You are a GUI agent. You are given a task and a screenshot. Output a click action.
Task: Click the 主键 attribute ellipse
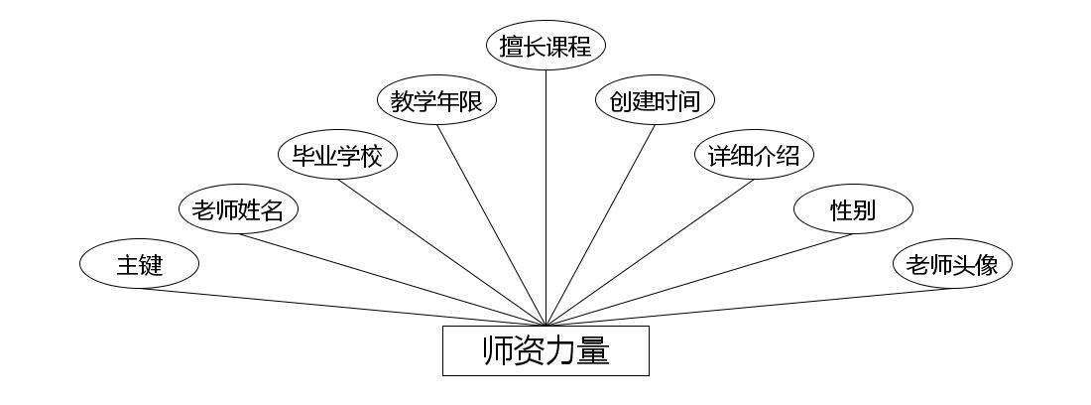tap(139, 265)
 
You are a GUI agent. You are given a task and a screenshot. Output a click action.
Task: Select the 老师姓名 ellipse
tap(238, 210)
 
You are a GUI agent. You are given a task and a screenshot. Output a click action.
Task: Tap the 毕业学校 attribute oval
tap(337, 156)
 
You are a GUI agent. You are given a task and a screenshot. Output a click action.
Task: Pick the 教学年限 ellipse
tap(436, 101)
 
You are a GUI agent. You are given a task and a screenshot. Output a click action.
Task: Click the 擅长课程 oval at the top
tap(545, 47)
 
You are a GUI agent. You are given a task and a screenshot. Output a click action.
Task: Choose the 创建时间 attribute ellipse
tap(655, 101)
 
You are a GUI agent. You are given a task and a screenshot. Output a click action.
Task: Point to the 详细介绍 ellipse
tap(754, 156)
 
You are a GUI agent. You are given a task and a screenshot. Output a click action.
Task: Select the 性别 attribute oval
tap(853, 210)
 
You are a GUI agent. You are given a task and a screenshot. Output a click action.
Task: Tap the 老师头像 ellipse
tap(952, 265)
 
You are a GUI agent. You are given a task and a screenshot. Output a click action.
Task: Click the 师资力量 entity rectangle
tap(545, 351)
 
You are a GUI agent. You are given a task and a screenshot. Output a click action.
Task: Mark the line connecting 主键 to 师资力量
tap(342, 307)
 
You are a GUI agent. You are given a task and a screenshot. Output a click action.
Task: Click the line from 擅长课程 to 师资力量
tap(545, 199)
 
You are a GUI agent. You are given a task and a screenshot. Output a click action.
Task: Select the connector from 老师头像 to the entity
tap(749, 307)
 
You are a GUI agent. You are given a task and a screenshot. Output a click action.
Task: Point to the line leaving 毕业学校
tap(441, 252)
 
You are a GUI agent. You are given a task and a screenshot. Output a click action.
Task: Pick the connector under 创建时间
tap(600, 225)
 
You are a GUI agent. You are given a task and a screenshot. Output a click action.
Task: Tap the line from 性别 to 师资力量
tap(699, 279)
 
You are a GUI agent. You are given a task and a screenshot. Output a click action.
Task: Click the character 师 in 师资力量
tap(498, 351)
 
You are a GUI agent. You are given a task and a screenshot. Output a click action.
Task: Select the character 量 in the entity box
tap(593, 351)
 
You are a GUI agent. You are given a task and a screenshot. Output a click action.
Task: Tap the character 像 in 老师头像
tap(995, 265)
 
